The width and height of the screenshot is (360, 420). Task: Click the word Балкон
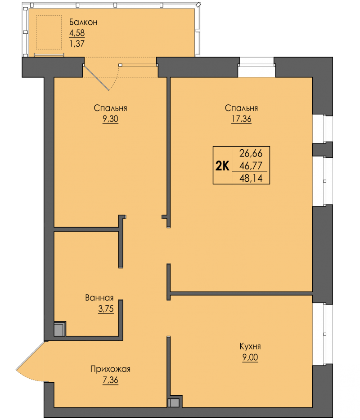click(x=83, y=22)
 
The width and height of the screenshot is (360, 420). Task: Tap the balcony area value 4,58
click(x=77, y=33)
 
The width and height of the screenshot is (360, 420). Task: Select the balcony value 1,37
click(x=77, y=43)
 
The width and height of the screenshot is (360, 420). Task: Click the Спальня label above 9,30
click(x=110, y=108)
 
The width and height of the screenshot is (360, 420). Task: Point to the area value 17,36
click(x=241, y=119)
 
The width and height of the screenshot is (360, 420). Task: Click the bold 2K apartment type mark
click(x=222, y=166)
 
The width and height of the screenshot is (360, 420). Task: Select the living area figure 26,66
click(x=251, y=153)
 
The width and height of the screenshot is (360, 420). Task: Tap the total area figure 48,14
click(x=251, y=178)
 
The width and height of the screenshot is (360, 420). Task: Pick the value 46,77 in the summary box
click(x=251, y=166)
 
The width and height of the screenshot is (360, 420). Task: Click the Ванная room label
click(x=99, y=298)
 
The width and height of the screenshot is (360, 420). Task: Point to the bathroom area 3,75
click(x=106, y=309)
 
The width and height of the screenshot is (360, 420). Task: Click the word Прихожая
click(x=110, y=369)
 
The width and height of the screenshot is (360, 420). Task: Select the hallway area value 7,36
click(x=110, y=380)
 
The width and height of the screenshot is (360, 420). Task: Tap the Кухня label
click(x=250, y=346)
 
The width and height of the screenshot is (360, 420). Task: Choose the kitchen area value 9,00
click(x=250, y=357)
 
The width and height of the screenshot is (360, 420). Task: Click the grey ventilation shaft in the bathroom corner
click(x=59, y=329)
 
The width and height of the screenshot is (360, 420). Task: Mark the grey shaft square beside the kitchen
click(x=174, y=402)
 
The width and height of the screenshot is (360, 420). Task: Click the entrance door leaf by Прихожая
click(x=30, y=356)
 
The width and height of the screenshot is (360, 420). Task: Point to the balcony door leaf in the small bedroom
click(x=96, y=78)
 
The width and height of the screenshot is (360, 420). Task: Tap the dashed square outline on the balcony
click(x=49, y=32)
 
